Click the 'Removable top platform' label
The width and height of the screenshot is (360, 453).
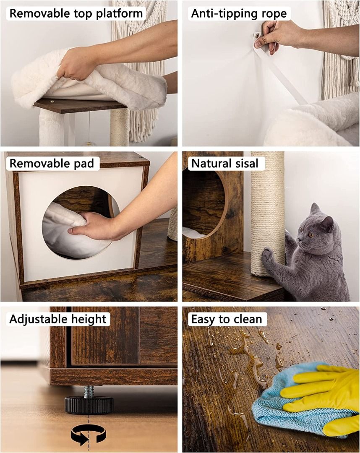coord(76,13)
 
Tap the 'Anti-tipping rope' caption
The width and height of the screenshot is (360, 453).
coord(239,13)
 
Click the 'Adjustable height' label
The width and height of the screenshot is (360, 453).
coord(58,319)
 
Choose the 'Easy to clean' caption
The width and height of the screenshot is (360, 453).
coord(227,319)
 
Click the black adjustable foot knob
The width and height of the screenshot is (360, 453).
coord(89,405)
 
